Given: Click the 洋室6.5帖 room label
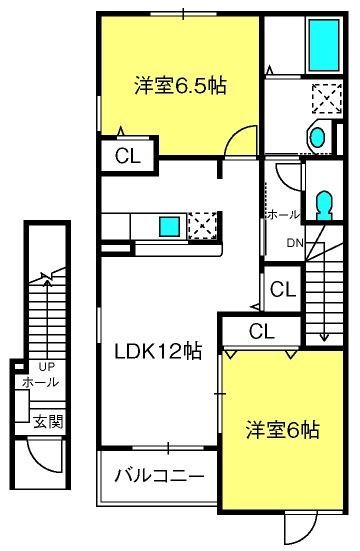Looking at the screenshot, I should (x=180, y=86).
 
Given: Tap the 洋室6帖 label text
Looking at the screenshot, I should (x=284, y=431).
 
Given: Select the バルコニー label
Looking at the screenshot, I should (x=158, y=473).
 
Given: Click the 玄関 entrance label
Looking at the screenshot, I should (x=43, y=421).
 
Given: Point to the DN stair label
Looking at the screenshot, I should (x=297, y=243).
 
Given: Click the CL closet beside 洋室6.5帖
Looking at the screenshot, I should (x=126, y=156).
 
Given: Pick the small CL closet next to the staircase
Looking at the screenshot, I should (x=282, y=289).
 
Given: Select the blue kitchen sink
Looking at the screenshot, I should (x=169, y=224).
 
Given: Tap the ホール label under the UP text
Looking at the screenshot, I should (x=40, y=382).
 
